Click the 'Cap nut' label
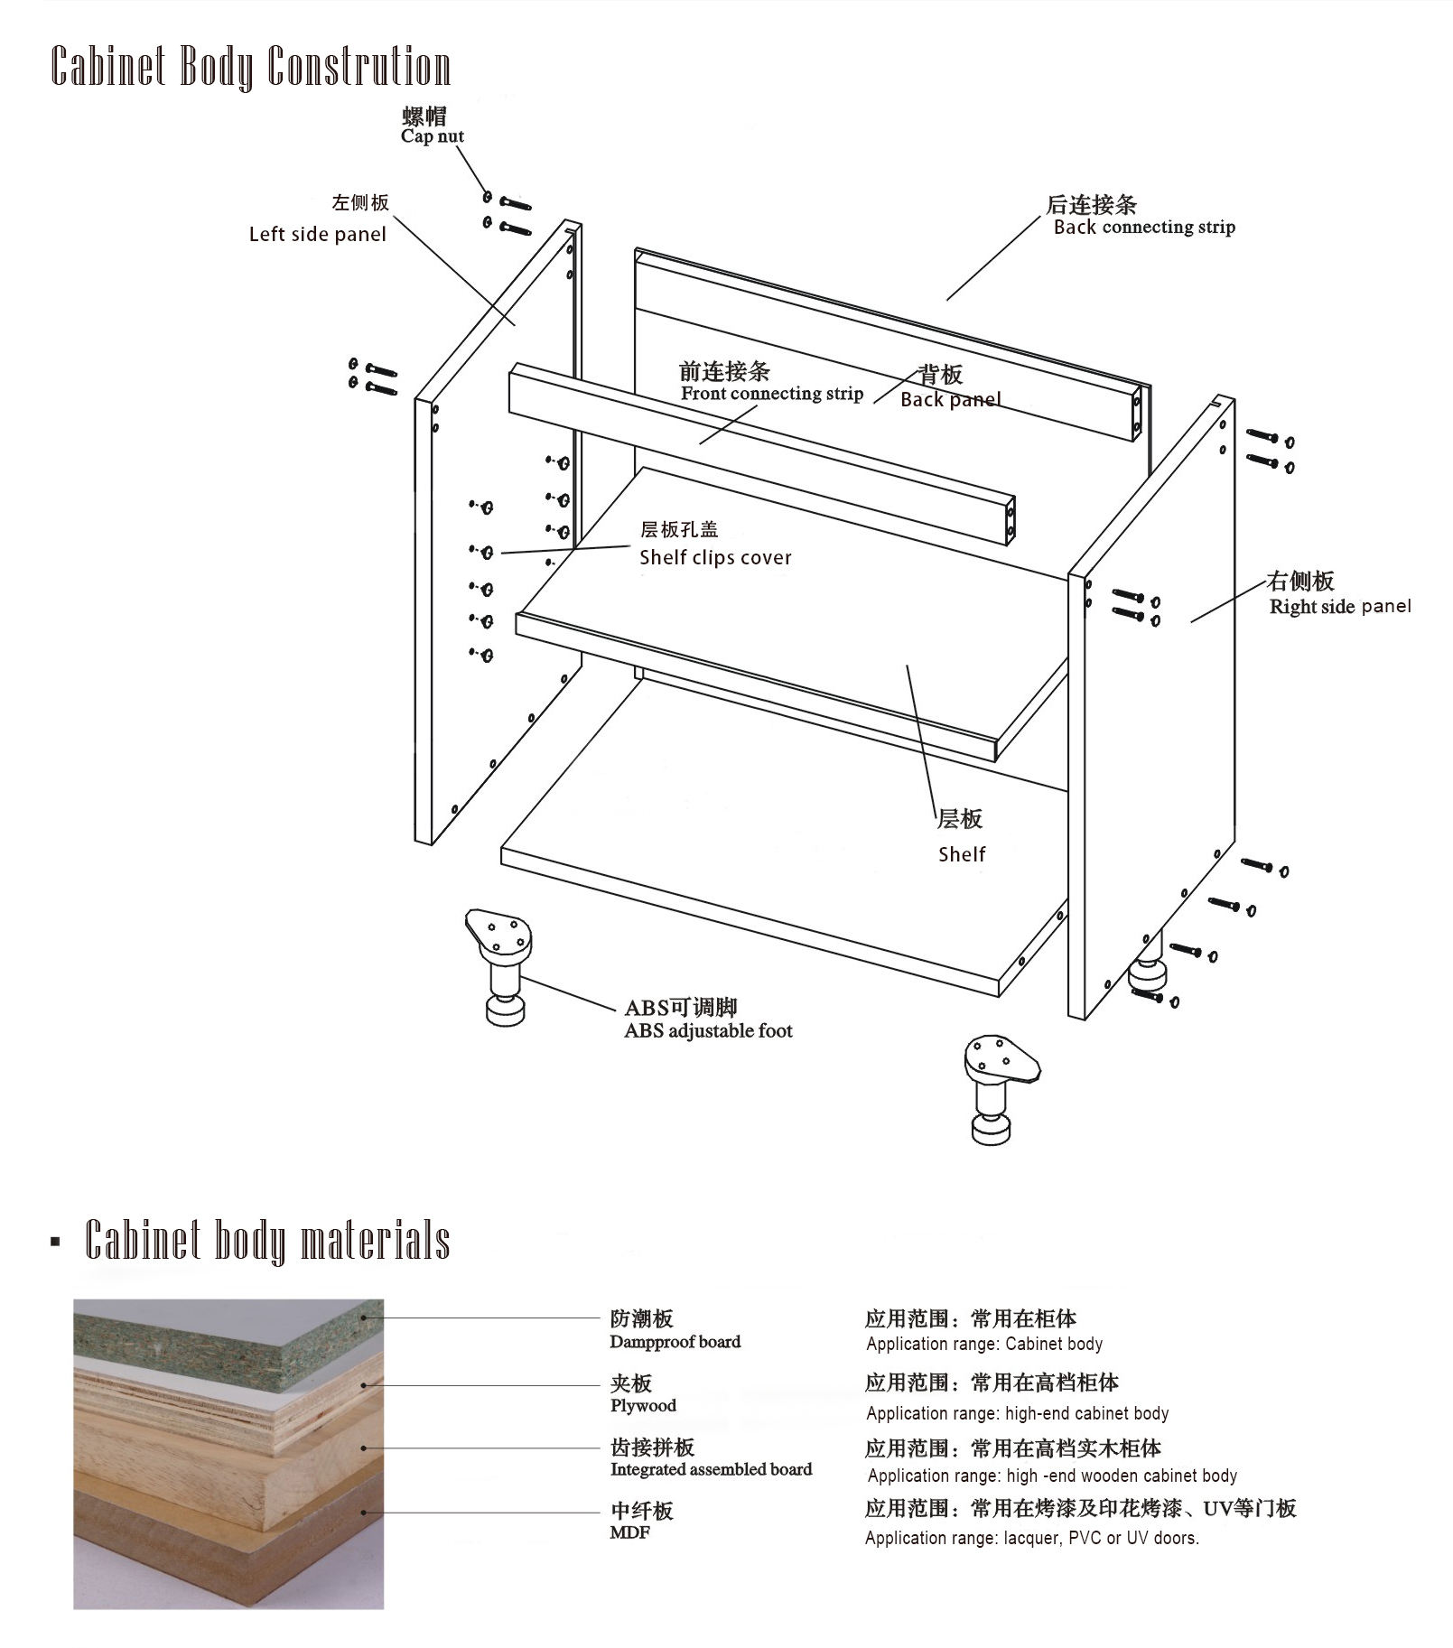432,136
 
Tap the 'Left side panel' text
317,235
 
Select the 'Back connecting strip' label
1143,227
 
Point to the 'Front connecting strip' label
771,393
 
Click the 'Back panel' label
950,399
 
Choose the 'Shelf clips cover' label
714,557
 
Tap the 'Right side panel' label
1339,606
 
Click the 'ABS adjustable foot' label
708,1030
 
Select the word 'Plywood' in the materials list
643,1405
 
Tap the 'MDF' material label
629,1532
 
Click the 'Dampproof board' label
675,1342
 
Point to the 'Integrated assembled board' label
711,1469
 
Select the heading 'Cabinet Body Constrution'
250,66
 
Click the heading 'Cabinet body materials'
267,1240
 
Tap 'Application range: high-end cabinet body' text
1017,1413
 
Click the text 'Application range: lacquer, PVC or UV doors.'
1031,1538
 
